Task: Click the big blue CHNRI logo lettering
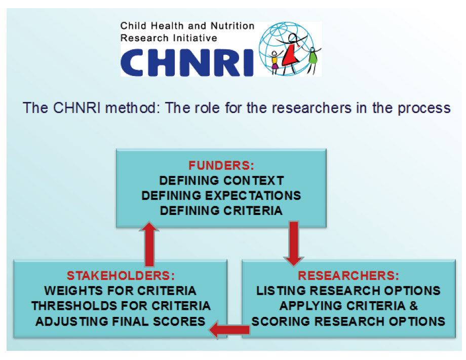coord(187,63)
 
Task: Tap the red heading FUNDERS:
coord(221,165)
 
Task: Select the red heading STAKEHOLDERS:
coord(121,275)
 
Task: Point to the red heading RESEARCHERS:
coord(348,275)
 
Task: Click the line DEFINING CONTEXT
coord(221,181)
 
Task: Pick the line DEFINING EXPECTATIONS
coord(221,196)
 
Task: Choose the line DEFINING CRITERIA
coord(221,211)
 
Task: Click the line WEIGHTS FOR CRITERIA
coord(121,291)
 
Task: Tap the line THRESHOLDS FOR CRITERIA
coord(121,306)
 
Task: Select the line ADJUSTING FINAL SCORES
coord(121,321)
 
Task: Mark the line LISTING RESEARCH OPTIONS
coord(348,291)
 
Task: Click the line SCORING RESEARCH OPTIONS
coord(348,321)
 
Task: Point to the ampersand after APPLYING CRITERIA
coord(413,306)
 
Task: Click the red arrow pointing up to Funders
coord(149,244)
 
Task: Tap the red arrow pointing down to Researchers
coord(294,243)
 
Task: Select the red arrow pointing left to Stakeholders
coord(229,330)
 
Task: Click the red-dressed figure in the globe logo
coord(291,54)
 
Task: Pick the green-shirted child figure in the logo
coord(313,59)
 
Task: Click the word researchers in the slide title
coord(312,107)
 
